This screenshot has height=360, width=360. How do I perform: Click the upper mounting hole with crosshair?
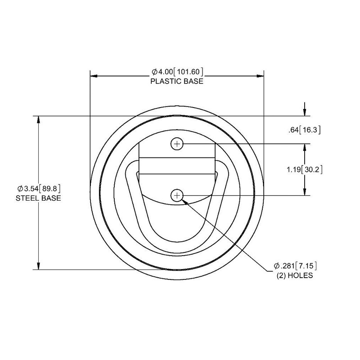tap(177, 144)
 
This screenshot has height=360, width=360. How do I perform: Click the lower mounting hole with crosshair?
tap(177, 195)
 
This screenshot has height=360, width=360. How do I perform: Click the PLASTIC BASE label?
tap(177, 81)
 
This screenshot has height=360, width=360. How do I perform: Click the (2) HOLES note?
tap(295, 275)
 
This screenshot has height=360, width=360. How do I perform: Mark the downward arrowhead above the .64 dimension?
tap(306, 113)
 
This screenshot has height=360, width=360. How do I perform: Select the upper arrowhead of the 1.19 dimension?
tap(306, 147)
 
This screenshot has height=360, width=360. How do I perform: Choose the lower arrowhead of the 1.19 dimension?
tap(306, 192)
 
